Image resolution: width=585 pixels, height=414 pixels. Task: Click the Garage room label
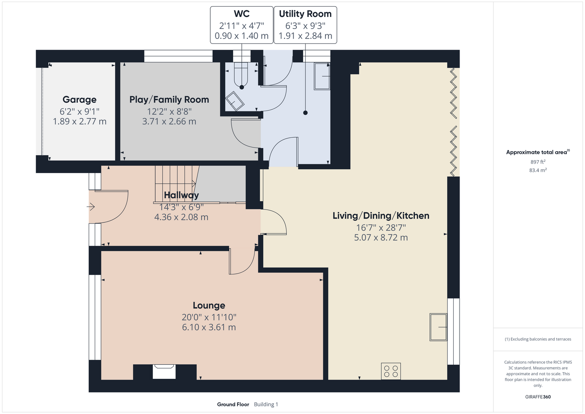pos(79,99)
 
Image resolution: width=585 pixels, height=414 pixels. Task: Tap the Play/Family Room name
pos(169,99)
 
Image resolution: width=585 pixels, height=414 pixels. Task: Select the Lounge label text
pos(209,305)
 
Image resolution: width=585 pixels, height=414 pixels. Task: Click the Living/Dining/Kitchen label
pos(381,216)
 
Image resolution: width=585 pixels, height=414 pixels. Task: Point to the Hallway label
pos(181,195)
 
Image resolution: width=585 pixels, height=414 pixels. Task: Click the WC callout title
pos(241,14)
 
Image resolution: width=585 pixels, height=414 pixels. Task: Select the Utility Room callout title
pos(305,14)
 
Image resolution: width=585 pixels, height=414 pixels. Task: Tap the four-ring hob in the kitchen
pos(391,371)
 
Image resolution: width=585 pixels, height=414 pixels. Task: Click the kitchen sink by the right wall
pos(438,327)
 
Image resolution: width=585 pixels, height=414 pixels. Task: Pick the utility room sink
pos(322,76)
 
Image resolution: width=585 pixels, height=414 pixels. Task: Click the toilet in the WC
pos(241,75)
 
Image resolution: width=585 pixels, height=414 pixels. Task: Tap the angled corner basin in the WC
pos(234,101)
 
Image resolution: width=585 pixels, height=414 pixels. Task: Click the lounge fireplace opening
pos(164,372)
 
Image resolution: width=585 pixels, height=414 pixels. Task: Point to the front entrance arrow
pos(91,207)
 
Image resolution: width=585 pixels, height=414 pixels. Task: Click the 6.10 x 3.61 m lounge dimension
pos(209,327)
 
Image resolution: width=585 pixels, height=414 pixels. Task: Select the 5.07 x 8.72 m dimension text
pos(381,238)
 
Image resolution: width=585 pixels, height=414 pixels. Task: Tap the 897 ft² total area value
pos(538,162)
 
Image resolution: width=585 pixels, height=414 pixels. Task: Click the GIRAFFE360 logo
pos(538,397)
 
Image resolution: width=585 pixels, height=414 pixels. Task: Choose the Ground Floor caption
pos(233,404)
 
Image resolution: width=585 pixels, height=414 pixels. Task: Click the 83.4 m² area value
pos(538,170)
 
